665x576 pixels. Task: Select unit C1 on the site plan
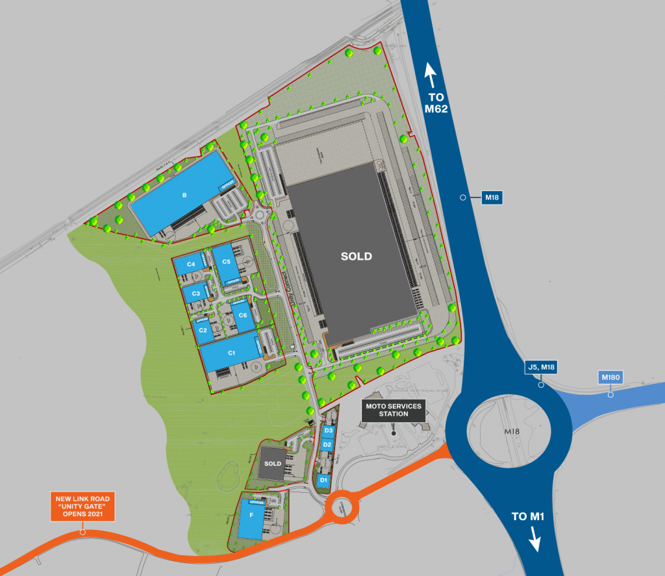point(231,353)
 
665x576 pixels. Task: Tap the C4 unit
point(191,264)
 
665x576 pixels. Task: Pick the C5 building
point(226,262)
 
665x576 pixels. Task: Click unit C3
point(195,294)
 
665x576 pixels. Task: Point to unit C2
point(203,331)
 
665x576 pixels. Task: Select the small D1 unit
point(323,480)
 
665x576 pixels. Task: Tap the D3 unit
point(328,431)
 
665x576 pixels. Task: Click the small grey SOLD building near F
point(273,464)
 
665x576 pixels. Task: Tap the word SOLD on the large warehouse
point(357,257)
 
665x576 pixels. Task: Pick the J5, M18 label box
point(540,368)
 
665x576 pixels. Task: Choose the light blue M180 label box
point(610,377)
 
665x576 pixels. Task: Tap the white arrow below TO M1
point(535,538)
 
